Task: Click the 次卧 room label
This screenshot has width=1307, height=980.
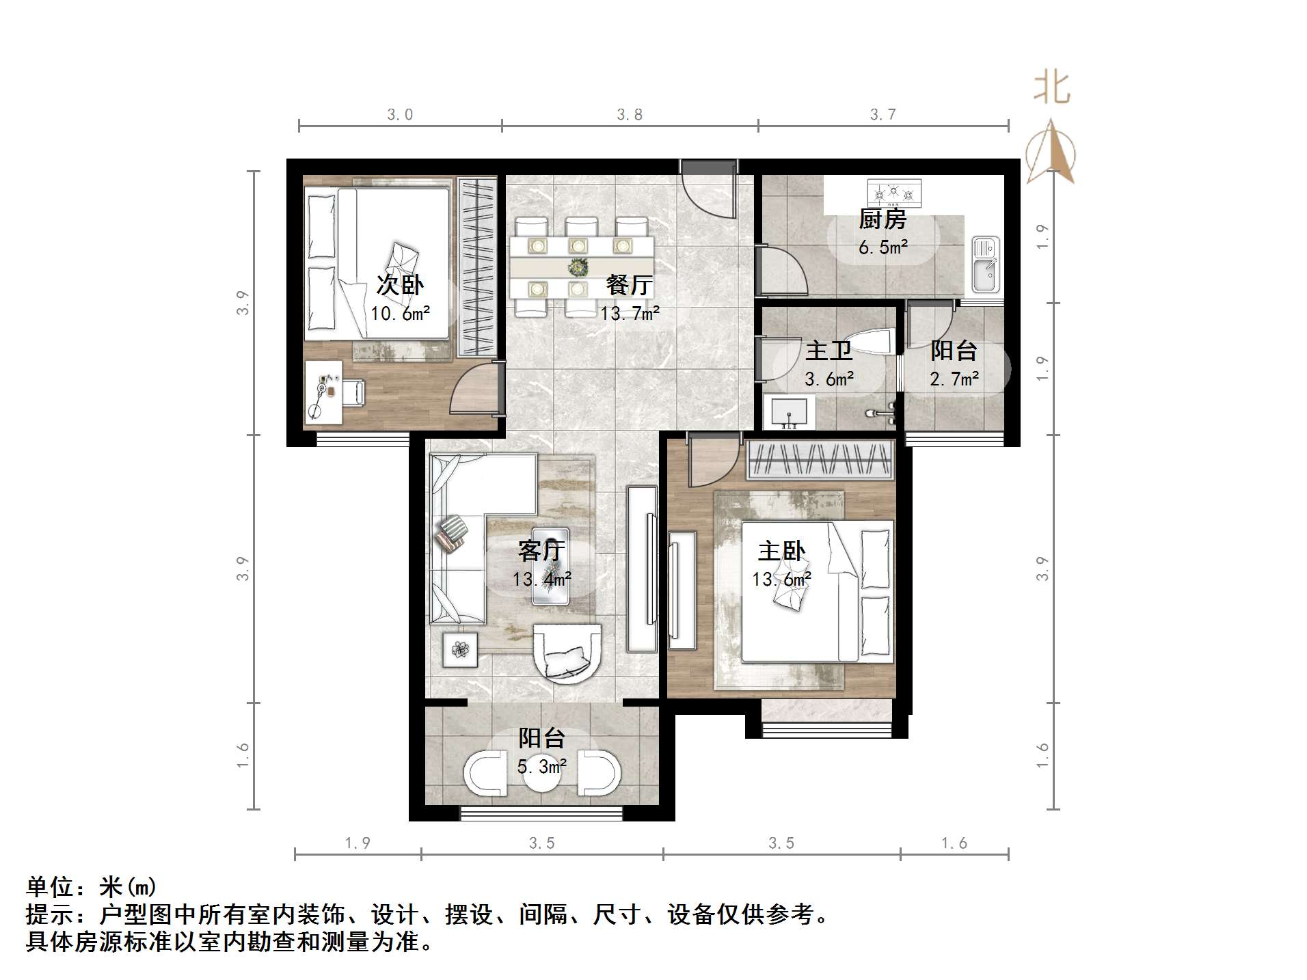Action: click(400, 285)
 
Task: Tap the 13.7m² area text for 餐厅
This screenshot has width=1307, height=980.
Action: click(630, 314)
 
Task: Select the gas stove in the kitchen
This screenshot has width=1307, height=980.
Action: click(893, 193)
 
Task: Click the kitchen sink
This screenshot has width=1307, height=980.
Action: click(984, 264)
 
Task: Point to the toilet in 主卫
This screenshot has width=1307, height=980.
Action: click(874, 342)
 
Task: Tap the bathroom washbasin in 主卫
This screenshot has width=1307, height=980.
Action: click(789, 413)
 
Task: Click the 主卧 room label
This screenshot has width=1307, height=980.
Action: click(781, 551)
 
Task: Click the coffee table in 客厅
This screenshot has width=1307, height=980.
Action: click(550, 567)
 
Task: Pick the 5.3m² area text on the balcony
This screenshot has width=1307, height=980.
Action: click(541, 767)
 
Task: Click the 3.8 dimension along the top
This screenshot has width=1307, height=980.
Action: click(630, 115)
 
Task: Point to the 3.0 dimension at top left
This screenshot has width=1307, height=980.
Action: click(400, 115)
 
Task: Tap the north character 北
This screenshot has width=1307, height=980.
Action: click(1051, 89)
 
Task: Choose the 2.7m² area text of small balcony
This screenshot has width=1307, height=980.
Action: click(954, 378)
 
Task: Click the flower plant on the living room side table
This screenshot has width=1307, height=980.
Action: click(460, 649)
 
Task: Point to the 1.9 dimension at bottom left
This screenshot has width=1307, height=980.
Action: click(357, 843)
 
